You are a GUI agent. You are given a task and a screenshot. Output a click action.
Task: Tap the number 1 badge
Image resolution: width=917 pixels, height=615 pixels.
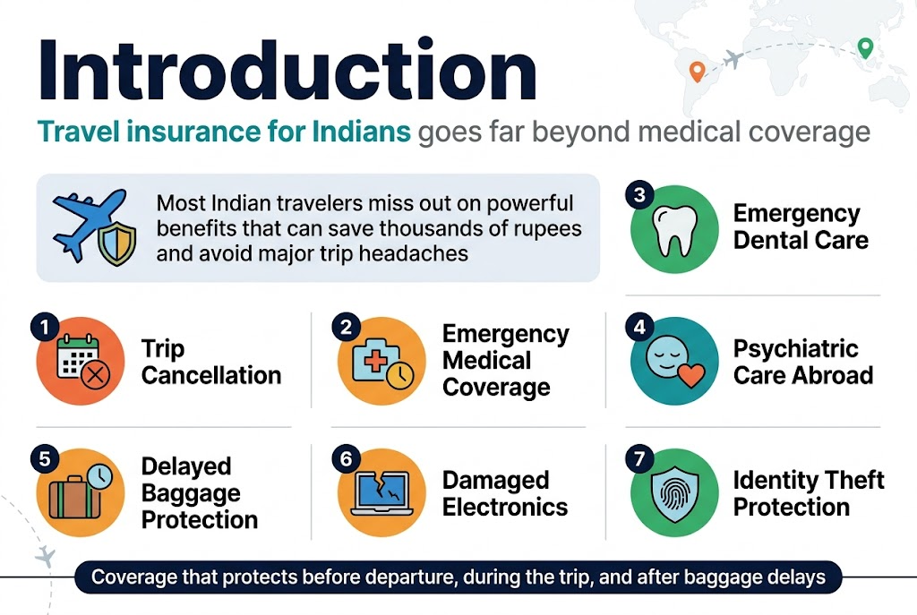coord(43,328)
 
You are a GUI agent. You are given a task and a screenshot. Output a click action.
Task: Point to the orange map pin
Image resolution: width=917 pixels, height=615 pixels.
coord(696,70)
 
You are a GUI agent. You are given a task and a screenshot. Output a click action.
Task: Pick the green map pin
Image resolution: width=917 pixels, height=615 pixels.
coord(865,47)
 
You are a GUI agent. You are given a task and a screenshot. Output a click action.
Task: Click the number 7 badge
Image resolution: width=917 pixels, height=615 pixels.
coord(638,458)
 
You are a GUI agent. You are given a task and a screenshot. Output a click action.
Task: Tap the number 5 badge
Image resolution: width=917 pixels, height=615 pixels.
coord(43,458)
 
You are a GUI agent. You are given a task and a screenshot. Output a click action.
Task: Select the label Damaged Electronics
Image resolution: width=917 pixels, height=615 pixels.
coord(505,493)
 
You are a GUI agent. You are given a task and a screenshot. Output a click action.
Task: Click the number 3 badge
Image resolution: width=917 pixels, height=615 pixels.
coord(638,195)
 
